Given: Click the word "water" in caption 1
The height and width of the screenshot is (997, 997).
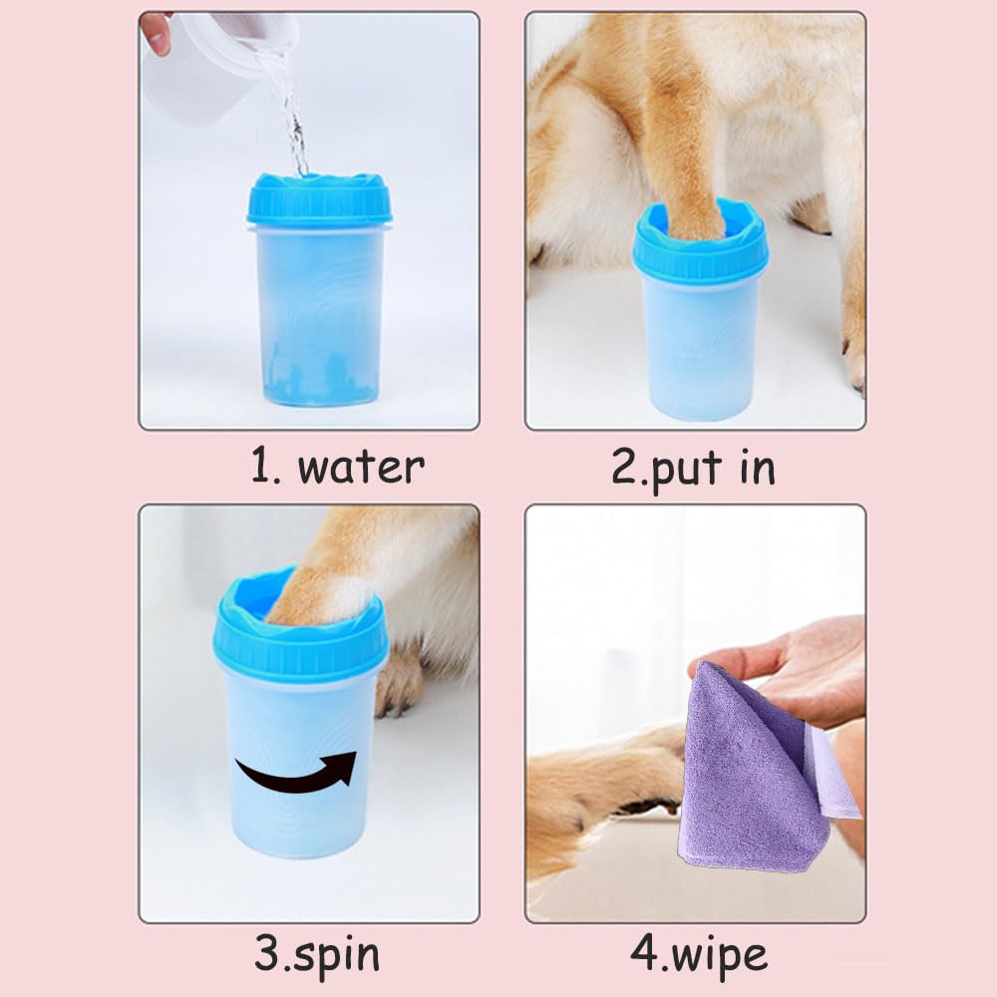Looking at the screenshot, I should coord(361,467).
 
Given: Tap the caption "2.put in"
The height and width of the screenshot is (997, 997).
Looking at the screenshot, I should coord(693,468).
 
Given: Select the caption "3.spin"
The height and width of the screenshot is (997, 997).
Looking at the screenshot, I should coord(317,954).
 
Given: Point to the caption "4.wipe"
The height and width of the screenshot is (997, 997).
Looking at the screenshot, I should coord(699,954).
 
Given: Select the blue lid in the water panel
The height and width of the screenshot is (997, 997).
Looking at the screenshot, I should coord(319,200).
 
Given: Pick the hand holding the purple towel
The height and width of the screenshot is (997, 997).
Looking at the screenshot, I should coord(788,668).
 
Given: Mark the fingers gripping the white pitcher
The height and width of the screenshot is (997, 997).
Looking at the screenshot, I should coord(156,31).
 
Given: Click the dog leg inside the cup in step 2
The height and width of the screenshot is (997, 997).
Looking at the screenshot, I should coord(688,150).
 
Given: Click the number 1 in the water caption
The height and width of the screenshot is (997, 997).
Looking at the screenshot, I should coord(261,467).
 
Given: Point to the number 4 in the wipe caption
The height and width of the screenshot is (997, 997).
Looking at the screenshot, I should coord(642,954).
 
